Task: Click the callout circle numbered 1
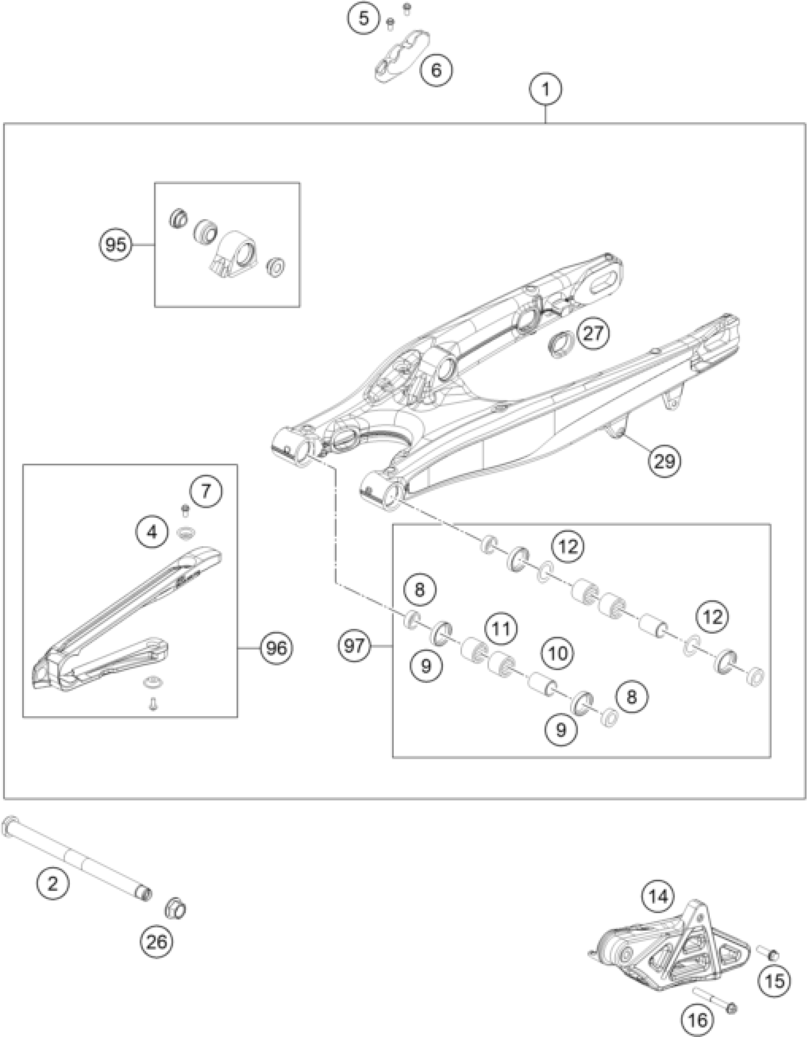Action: click(546, 89)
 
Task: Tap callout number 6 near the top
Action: click(436, 70)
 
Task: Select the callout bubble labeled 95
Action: click(116, 245)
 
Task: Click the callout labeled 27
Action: click(593, 334)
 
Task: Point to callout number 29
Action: click(665, 460)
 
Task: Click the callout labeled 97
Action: click(354, 646)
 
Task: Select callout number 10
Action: click(558, 654)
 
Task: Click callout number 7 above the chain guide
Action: click(206, 491)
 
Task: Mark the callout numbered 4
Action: click(152, 533)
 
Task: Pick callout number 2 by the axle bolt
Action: click(53, 883)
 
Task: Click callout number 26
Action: click(157, 942)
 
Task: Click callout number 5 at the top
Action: click(364, 19)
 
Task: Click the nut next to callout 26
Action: click(175, 909)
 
